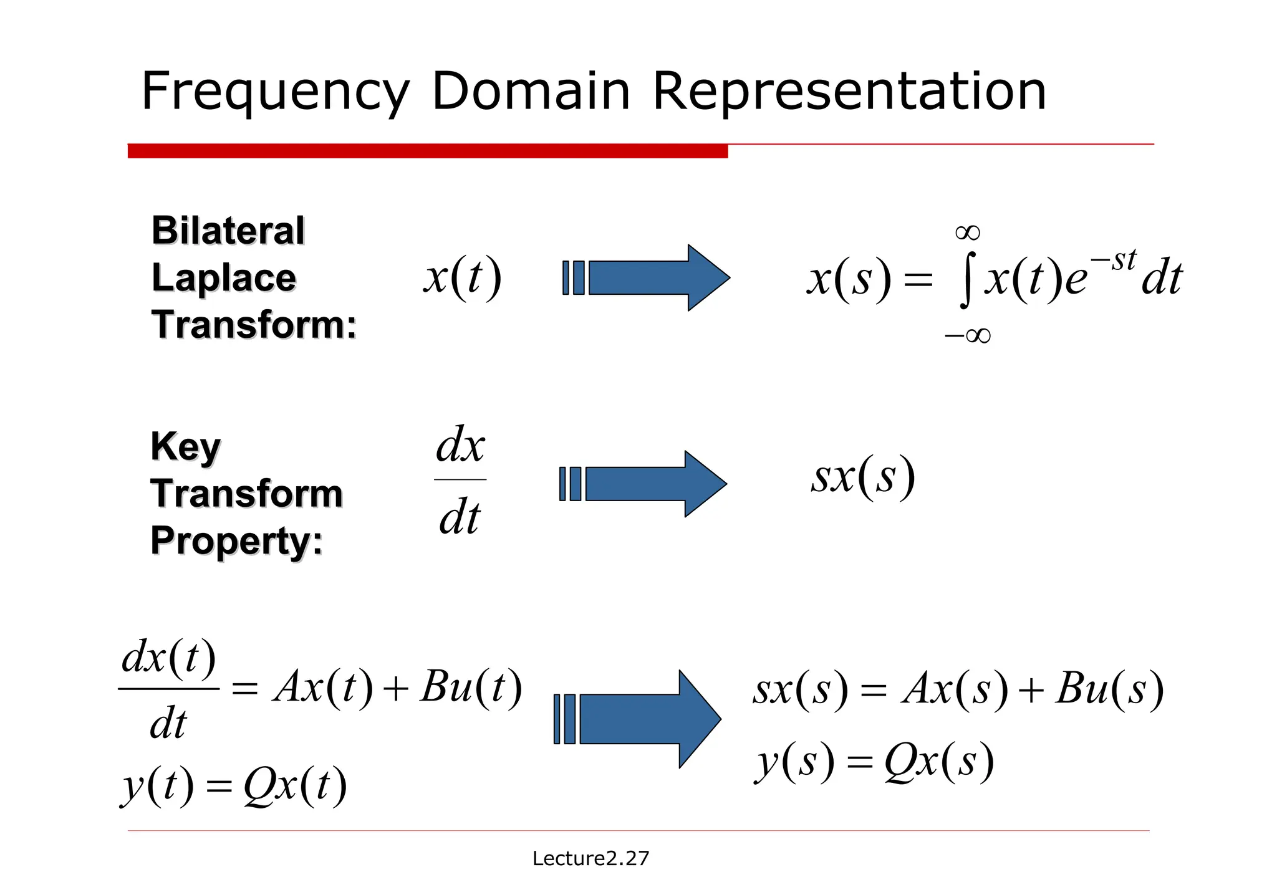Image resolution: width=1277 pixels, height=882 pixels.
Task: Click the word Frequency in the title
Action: [275, 92]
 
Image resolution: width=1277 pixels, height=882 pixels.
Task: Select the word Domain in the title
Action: [531, 92]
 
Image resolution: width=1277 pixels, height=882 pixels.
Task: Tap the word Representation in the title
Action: [849, 92]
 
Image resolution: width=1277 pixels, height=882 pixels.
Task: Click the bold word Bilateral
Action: [228, 231]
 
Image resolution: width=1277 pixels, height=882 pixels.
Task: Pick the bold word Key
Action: [186, 446]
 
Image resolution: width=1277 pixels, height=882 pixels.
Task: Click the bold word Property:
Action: [237, 540]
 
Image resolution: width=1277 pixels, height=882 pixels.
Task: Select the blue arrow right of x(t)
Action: [646, 277]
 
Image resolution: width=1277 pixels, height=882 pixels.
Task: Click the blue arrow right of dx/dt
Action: [643, 484]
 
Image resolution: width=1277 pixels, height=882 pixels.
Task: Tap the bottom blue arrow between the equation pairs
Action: [637, 719]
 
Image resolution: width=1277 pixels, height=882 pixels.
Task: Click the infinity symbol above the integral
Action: [968, 233]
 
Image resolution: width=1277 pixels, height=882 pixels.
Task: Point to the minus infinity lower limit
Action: [967, 336]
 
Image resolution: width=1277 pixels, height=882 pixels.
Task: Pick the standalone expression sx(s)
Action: [863, 477]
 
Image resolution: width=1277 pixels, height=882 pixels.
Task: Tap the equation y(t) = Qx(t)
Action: [234, 785]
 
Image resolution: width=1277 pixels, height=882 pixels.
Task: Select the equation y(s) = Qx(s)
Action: [874, 762]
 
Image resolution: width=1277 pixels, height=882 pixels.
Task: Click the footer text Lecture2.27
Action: [590, 858]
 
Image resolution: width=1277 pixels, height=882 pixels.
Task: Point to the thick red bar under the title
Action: [427, 151]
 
